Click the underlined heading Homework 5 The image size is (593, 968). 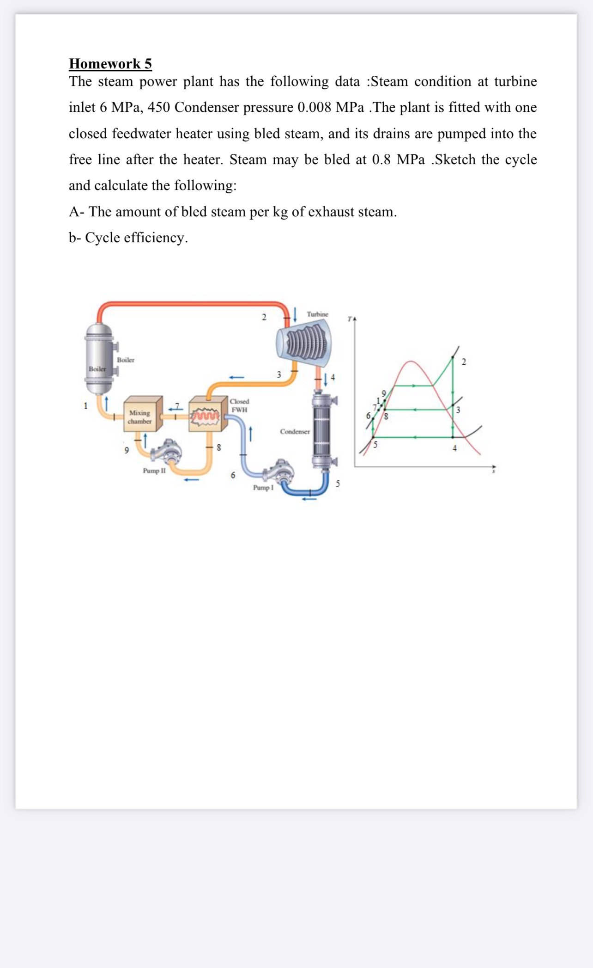click(x=110, y=64)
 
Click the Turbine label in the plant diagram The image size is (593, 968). click(x=317, y=314)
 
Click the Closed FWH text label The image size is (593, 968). click(x=239, y=405)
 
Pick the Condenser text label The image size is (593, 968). click(x=295, y=431)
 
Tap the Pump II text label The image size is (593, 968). click(x=154, y=471)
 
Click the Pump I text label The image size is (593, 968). click(x=263, y=487)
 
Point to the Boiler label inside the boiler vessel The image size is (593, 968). click(x=97, y=369)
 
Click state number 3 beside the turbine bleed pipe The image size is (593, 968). click(x=278, y=374)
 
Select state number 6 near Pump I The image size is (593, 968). click(x=233, y=475)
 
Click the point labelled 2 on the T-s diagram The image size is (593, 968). click(x=464, y=362)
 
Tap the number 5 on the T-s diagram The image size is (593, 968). click(x=375, y=445)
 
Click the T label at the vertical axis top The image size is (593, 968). click(x=351, y=319)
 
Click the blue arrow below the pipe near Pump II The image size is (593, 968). click(x=192, y=479)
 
